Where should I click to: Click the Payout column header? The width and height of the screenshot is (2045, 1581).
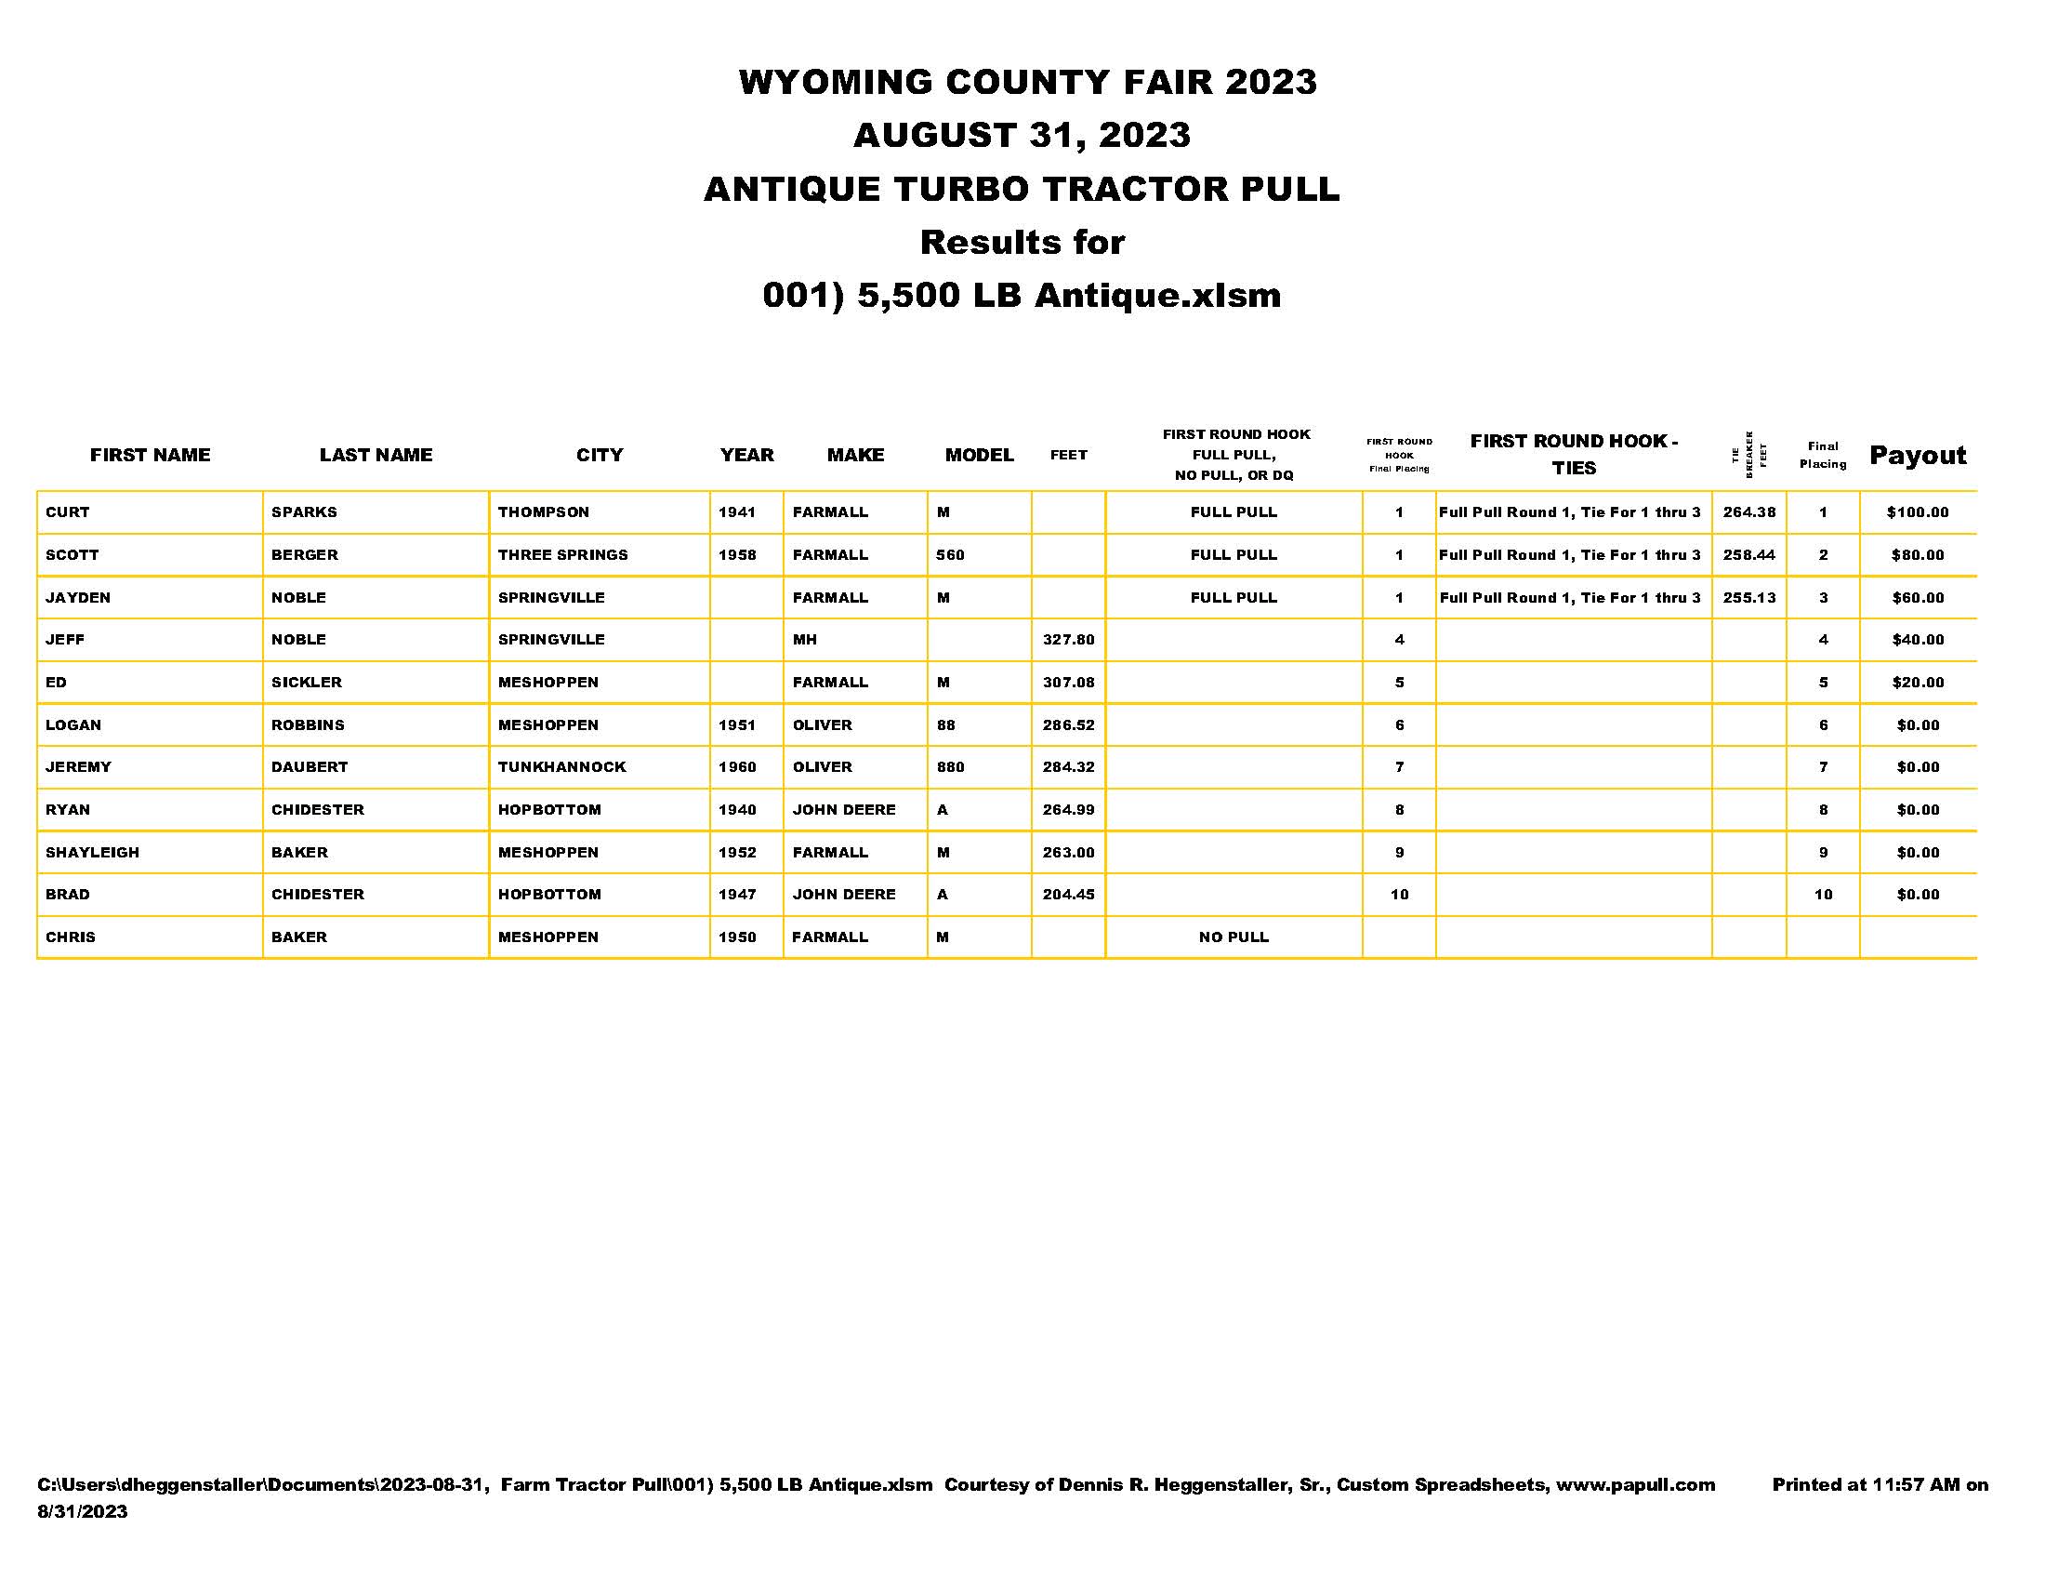point(1917,455)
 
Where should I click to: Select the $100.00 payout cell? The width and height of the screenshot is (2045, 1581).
point(1917,512)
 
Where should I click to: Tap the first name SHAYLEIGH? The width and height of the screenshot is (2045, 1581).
point(92,852)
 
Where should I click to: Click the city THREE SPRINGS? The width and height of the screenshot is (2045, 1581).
point(562,554)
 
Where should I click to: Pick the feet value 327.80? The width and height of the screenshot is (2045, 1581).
point(1068,640)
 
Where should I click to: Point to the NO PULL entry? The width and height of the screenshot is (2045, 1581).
point(1234,937)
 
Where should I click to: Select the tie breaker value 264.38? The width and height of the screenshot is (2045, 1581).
point(1748,512)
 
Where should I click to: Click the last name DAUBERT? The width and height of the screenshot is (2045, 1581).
point(309,767)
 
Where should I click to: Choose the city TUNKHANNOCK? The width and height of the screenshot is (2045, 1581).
point(561,767)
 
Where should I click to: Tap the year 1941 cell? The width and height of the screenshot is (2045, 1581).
point(737,512)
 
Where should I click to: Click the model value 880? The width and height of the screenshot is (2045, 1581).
point(949,767)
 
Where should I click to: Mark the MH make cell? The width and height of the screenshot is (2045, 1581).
point(804,640)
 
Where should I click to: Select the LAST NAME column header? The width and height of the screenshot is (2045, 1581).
point(376,455)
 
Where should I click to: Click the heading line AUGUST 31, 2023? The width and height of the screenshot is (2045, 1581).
point(1022,135)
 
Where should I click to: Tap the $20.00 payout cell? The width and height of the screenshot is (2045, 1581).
point(1917,682)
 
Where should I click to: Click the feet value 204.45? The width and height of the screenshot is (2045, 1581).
point(1068,895)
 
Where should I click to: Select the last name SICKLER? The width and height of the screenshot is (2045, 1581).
point(306,682)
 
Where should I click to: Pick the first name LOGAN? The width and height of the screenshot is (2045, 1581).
point(73,725)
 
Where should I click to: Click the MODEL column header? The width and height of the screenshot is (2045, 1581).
point(979,455)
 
